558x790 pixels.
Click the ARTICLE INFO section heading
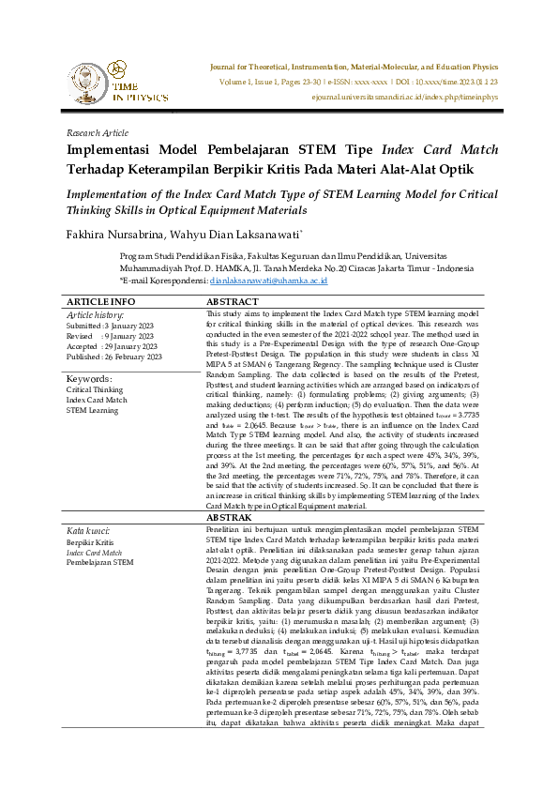tap(100, 301)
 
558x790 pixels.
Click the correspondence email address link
tap(268, 280)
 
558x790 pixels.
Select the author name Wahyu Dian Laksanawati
tap(246, 233)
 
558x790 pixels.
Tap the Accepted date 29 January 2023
tap(113, 346)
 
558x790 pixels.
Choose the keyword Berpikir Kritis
tap(89, 542)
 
